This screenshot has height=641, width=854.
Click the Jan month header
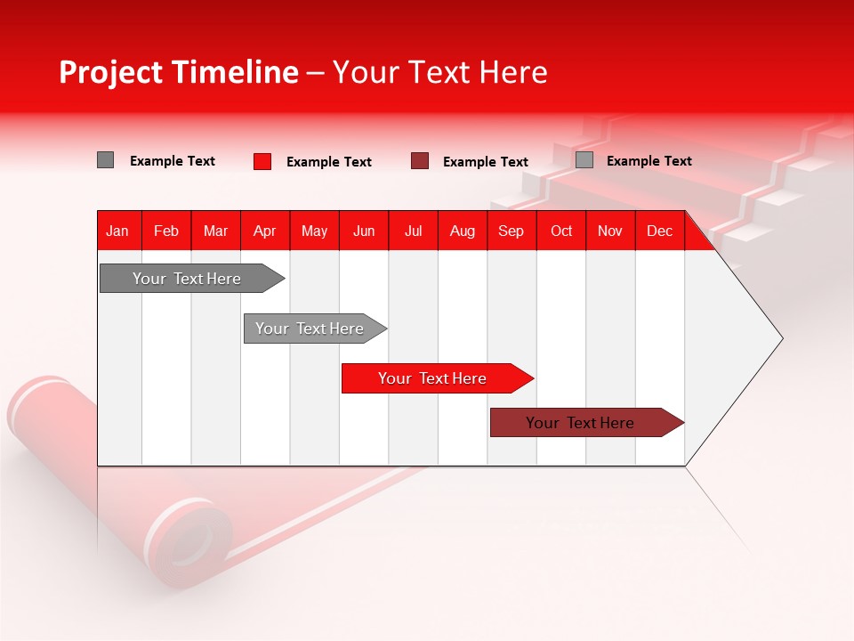[118, 231]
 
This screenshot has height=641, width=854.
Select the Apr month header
[265, 231]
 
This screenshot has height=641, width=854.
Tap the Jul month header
[414, 231]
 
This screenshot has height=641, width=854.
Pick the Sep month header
[512, 231]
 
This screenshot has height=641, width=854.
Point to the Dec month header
[660, 231]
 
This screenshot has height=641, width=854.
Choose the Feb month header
[166, 231]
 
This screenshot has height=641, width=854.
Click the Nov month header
[610, 231]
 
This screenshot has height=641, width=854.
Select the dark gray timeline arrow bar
[187, 279]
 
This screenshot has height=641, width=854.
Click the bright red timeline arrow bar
[432, 378]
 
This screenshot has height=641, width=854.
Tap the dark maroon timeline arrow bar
[580, 423]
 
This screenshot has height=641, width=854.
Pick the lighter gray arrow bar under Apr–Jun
[310, 329]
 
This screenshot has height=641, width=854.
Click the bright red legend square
[262, 161]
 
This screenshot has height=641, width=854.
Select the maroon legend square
[420, 161]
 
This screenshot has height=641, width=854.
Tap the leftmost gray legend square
[106, 160]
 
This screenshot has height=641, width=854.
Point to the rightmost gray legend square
[584, 160]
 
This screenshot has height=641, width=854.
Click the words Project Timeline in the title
[179, 72]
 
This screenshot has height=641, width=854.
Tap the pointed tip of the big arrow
[780, 337]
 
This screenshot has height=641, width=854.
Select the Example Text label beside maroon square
[486, 162]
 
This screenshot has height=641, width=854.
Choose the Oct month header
[561, 231]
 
